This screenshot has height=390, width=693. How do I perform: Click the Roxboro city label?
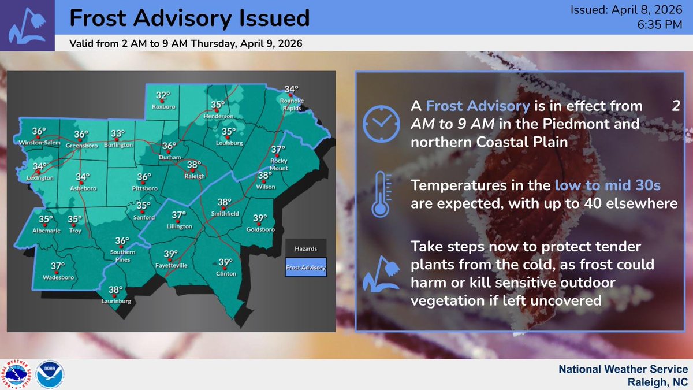coord(163,107)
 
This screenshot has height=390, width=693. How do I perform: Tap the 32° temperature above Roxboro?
coord(163,96)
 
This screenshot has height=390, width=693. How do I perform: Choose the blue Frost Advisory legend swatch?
coord(305,268)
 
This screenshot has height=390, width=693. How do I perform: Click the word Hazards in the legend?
coord(305,248)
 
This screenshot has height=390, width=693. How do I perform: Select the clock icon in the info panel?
coord(379,121)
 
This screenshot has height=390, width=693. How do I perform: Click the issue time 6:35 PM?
coord(660,25)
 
